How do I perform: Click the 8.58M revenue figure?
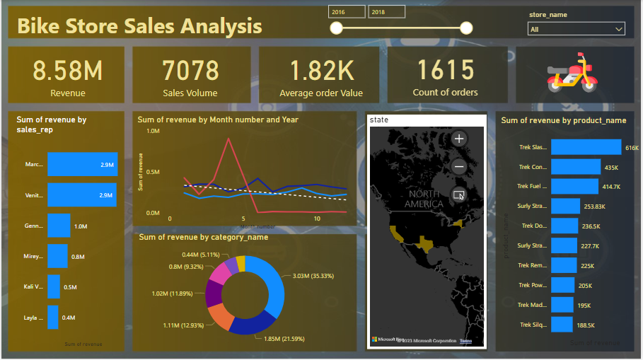(67, 71)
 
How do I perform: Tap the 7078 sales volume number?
(190, 71)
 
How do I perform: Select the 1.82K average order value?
(321, 71)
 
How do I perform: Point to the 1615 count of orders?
(445, 71)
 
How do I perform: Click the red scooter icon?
(569, 72)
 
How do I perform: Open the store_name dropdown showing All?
(577, 29)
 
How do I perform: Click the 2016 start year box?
(347, 12)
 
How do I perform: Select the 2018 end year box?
(386, 12)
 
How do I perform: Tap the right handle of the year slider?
(466, 28)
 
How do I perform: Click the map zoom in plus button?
(459, 139)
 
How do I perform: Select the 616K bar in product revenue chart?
(586, 147)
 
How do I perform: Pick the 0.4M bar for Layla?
(53, 317)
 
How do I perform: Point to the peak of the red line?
(228, 139)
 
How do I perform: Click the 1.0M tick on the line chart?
(153, 132)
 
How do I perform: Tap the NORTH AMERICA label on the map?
(424, 199)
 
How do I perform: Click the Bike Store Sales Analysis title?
(139, 27)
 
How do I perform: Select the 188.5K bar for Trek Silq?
(562, 325)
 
